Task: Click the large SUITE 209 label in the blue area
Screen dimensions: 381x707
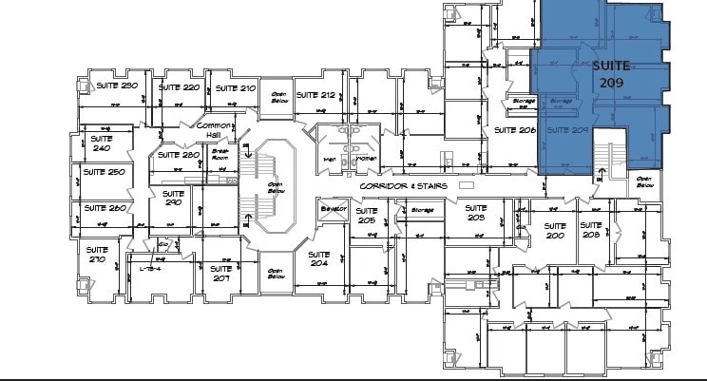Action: [x=610, y=75]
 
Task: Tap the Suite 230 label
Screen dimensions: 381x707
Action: [x=117, y=86]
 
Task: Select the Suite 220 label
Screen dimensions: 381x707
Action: [x=179, y=87]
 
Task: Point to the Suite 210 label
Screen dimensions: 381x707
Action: [x=235, y=87]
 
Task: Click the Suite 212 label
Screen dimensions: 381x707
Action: [x=315, y=95]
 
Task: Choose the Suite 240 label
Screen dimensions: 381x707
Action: [x=100, y=143]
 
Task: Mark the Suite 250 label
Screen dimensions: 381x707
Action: [x=104, y=172]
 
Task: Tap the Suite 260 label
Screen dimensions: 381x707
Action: [x=104, y=207]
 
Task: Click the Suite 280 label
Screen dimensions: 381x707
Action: [x=178, y=155]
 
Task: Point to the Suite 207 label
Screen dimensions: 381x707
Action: [x=220, y=273]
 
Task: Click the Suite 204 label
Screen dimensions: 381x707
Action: [x=318, y=259]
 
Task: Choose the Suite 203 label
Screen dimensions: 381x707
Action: [x=476, y=212]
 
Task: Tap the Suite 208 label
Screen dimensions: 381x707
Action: [x=591, y=229]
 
